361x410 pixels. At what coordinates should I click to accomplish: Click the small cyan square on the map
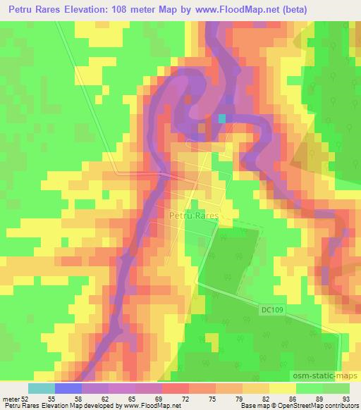[x=223, y=119]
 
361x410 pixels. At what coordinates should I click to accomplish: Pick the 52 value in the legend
[x=26, y=399]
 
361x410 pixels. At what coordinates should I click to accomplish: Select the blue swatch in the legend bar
[x=68, y=388]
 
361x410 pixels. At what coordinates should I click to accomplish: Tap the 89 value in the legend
[x=310, y=399]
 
